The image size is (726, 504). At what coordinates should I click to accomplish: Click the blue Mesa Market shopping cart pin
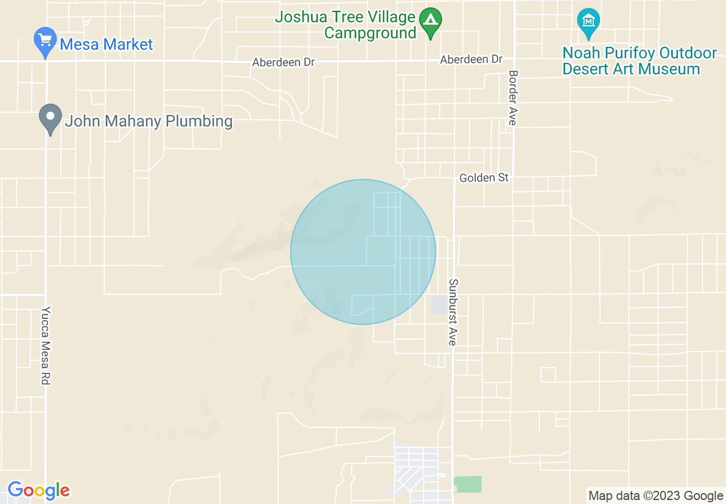click(x=45, y=42)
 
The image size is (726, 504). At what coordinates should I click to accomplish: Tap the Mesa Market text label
click(x=106, y=44)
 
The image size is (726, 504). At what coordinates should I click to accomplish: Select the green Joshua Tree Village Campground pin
click(x=430, y=22)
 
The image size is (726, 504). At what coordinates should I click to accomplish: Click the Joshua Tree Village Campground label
click(x=345, y=25)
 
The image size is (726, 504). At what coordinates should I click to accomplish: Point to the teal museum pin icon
click(x=588, y=22)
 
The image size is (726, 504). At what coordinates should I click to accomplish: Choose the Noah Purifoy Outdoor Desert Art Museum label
click(x=639, y=61)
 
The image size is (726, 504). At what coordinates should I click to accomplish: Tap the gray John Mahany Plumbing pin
click(x=50, y=119)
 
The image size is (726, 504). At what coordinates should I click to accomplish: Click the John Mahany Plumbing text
click(x=148, y=121)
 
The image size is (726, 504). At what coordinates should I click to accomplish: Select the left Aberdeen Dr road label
click(x=283, y=62)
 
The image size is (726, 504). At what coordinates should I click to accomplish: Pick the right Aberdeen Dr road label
click(x=471, y=60)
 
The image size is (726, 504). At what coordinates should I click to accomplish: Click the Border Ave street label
click(x=513, y=97)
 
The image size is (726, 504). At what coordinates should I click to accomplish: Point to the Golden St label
click(x=484, y=178)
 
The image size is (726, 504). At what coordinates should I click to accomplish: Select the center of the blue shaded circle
click(x=363, y=252)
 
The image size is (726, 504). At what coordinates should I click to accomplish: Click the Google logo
click(x=38, y=491)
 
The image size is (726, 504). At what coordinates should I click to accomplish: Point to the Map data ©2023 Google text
click(x=656, y=495)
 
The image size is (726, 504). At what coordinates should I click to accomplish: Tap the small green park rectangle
click(x=468, y=484)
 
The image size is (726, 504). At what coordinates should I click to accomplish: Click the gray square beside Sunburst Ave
click(x=439, y=305)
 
